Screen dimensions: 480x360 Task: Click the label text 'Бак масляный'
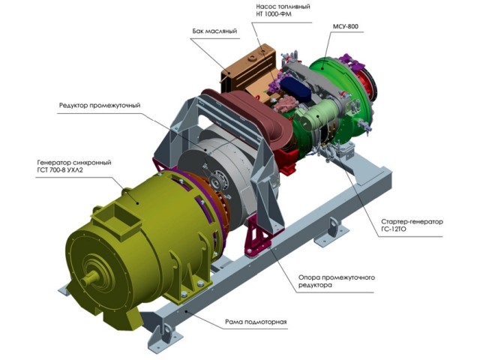pos(214,31)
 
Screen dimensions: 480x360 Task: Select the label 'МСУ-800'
pos(346,27)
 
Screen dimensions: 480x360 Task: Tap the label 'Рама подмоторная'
pos(256,322)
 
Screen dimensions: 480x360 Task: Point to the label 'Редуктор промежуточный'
pos(100,106)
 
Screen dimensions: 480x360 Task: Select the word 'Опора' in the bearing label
pos(309,277)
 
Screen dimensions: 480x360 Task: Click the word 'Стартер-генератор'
pos(412,221)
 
